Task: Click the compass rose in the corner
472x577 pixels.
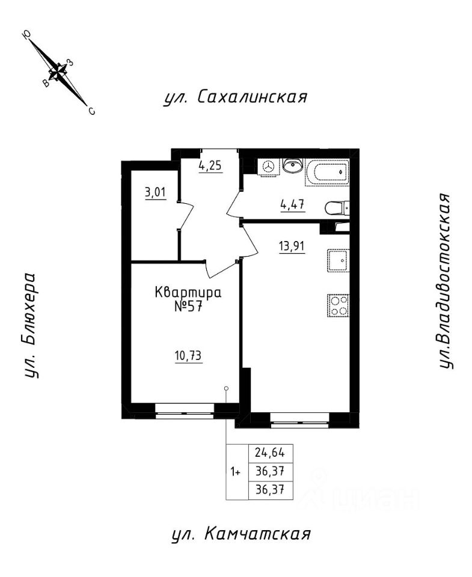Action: coord(59,72)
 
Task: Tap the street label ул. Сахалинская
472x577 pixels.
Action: coord(235,97)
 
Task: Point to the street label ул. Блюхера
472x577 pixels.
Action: coord(30,326)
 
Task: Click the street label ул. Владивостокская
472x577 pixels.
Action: coord(445,282)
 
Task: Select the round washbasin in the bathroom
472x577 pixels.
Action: coord(293,165)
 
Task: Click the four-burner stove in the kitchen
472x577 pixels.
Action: coord(338,306)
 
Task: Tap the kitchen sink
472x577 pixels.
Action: coord(339,260)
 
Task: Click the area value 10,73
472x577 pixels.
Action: coord(187,356)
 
